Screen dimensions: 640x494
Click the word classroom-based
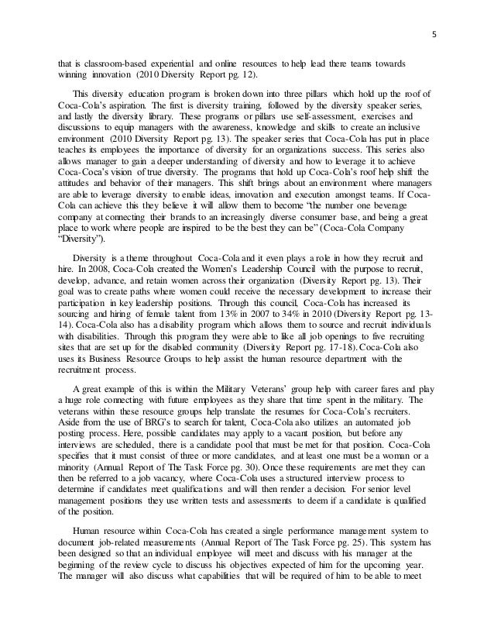(x=104, y=61)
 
